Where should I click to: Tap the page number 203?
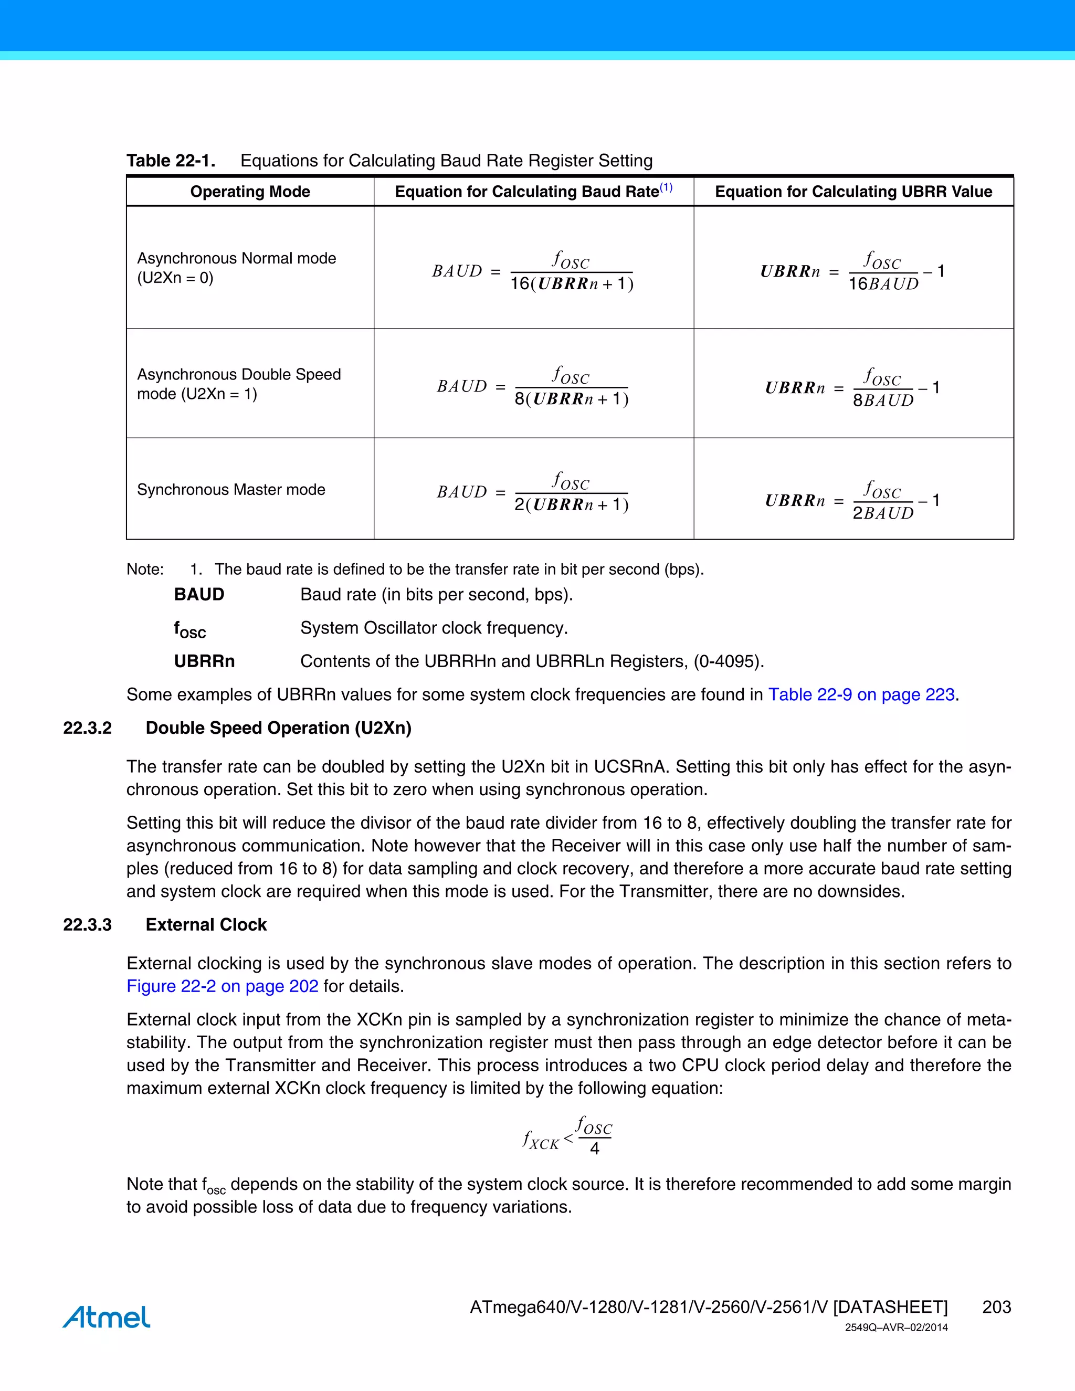(996, 1307)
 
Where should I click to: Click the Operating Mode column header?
(250, 192)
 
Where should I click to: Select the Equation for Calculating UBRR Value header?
(853, 192)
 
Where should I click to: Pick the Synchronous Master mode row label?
(230, 489)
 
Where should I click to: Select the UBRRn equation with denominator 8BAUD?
(852, 387)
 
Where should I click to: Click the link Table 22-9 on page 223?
(861, 694)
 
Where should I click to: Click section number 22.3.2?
(87, 728)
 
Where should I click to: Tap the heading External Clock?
(206, 925)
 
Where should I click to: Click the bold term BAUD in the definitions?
(199, 594)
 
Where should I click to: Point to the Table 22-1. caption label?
(171, 161)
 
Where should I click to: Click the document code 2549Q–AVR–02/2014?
(896, 1328)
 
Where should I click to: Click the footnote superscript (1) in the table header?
(666, 187)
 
